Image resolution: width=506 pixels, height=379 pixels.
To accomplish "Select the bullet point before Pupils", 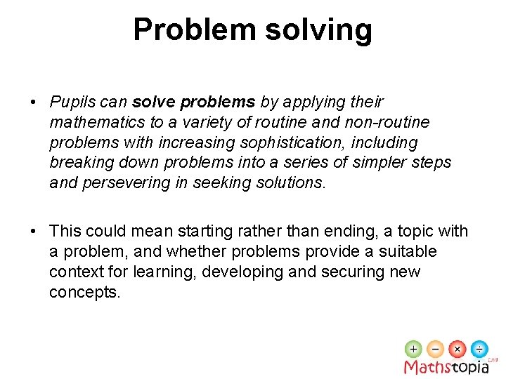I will [33, 102].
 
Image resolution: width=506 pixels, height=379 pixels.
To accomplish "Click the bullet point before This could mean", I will [33, 232].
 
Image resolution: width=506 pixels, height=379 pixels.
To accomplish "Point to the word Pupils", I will [72, 102].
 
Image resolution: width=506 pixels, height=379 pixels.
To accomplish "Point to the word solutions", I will [293, 184].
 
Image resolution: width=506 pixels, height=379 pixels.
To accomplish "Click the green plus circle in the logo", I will [414, 349].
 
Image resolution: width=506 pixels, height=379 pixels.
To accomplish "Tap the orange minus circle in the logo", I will [436, 349].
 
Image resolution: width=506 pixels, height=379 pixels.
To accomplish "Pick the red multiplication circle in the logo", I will [458, 349].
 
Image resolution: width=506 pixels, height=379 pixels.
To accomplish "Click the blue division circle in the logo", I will [479, 349].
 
